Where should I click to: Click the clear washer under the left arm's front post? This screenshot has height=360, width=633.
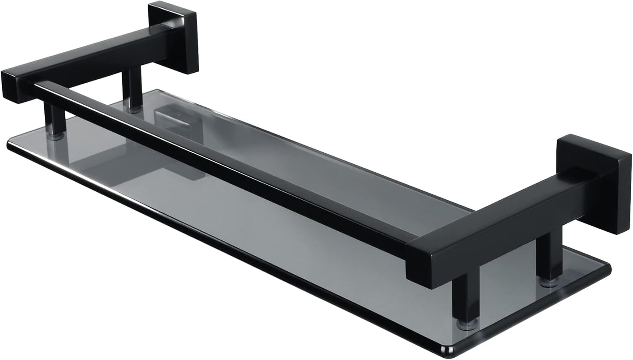[x=55, y=136]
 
